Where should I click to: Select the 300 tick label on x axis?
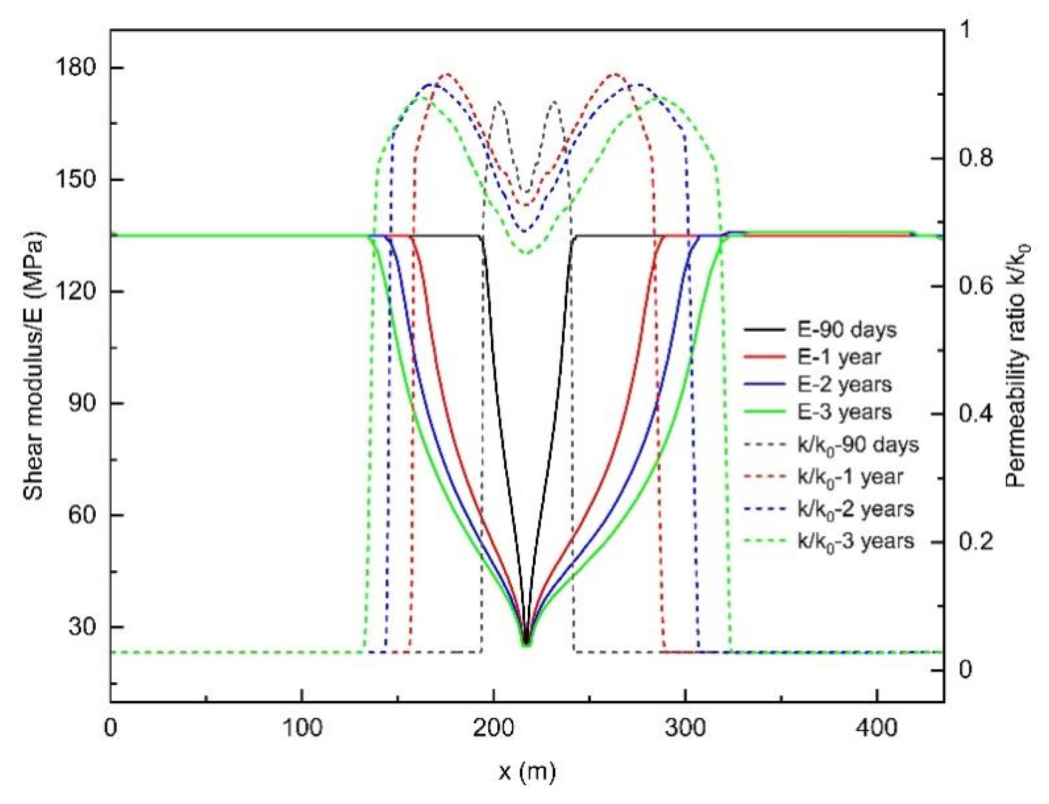(685, 728)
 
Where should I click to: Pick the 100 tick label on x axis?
(302, 728)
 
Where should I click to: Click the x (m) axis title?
(527, 771)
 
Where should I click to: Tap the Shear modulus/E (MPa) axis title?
(33, 366)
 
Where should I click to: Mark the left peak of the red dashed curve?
(447, 74)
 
